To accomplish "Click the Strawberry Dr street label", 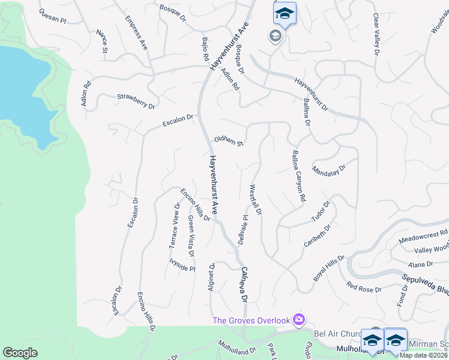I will pyautogui.click(x=136, y=101).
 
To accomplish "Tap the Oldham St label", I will pyautogui.click(x=229, y=141).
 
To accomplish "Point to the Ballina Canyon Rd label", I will pyautogui.click(x=298, y=175).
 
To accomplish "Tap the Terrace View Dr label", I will pyautogui.click(x=174, y=226).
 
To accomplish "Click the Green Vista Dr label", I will pyautogui.click(x=191, y=236).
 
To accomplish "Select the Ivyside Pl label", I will pyautogui.click(x=182, y=265).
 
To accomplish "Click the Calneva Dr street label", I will pyautogui.click(x=244, y=284).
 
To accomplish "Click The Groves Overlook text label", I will pyautogui.click(x=251, y=320).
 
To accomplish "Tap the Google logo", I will pyautogui.click(x=20, y=352).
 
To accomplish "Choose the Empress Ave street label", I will pyautogui.click(x=136, y=32).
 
